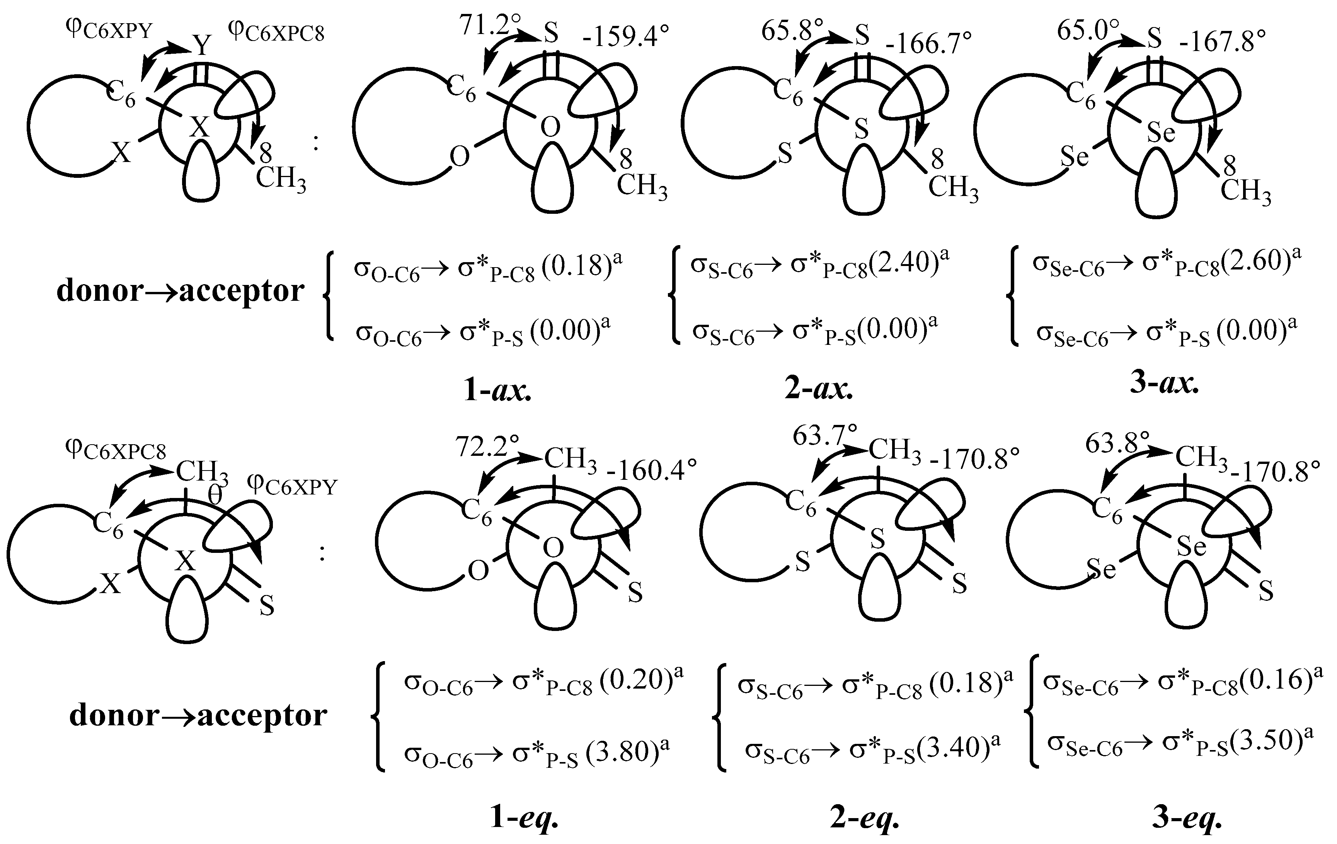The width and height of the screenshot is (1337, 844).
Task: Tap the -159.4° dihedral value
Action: click(x=625, y=38)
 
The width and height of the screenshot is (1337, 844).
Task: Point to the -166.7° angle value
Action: click(x=928, y=43)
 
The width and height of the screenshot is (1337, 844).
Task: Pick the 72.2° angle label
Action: click(x=487, y=446)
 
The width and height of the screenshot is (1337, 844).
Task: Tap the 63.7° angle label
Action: click(x=824, y=436)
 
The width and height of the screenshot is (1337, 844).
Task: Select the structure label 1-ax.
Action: click(x=497, y=391)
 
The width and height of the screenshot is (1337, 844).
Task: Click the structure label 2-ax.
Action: click(x=819, y=389)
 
